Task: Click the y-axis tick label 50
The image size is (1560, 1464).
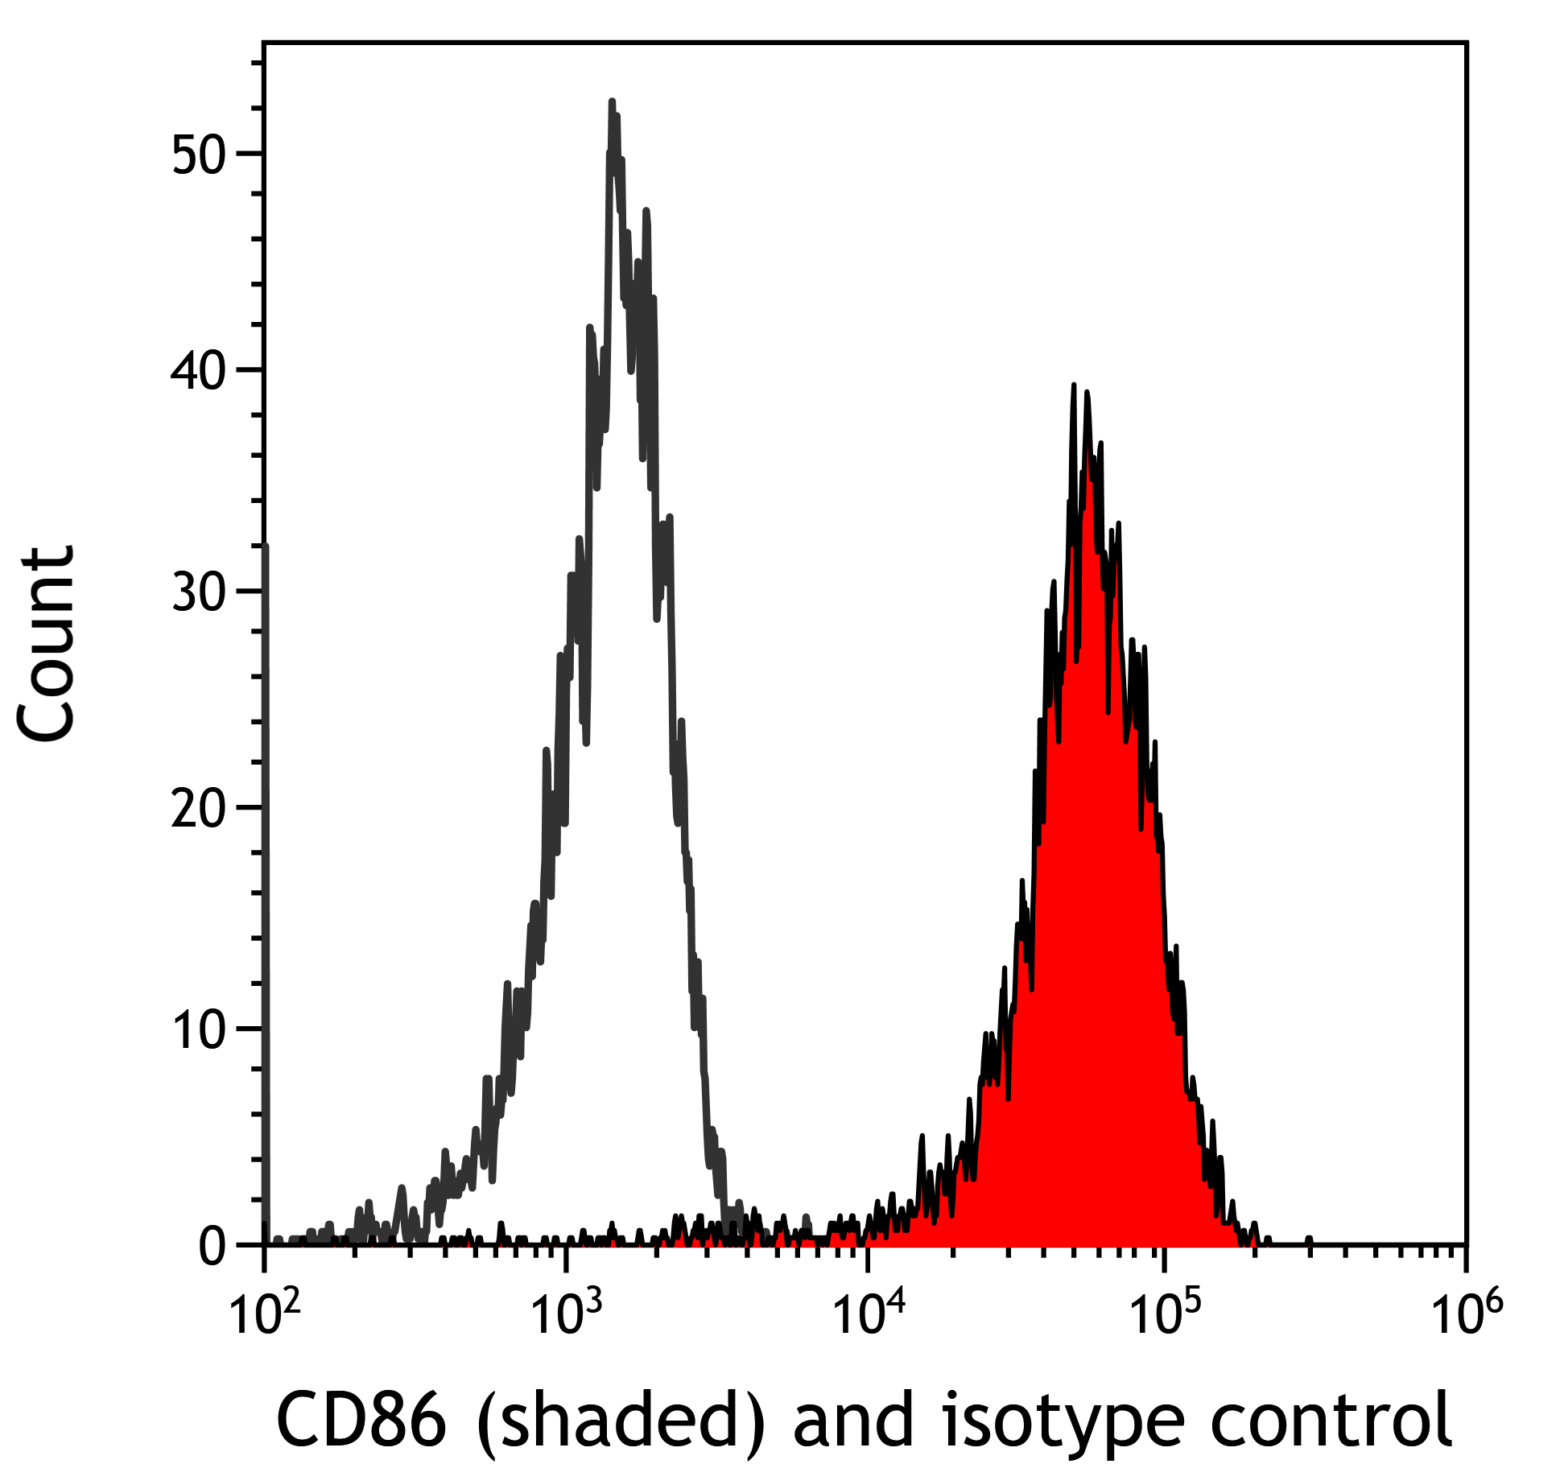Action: tap(199, 155)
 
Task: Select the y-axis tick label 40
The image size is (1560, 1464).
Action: tap(199, 372)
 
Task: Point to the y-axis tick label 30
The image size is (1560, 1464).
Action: tap(199, 593)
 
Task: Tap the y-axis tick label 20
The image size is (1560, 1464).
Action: tap(199, 810)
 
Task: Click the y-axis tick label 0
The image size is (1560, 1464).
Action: tap(213, 1247)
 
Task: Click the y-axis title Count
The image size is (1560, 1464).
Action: tap(47, 644)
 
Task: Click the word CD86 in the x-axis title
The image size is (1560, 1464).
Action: tap(361, 1418)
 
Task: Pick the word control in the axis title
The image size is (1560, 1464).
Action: tap(1330, 1418)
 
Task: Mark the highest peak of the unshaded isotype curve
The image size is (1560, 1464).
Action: tap(612, 102)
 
